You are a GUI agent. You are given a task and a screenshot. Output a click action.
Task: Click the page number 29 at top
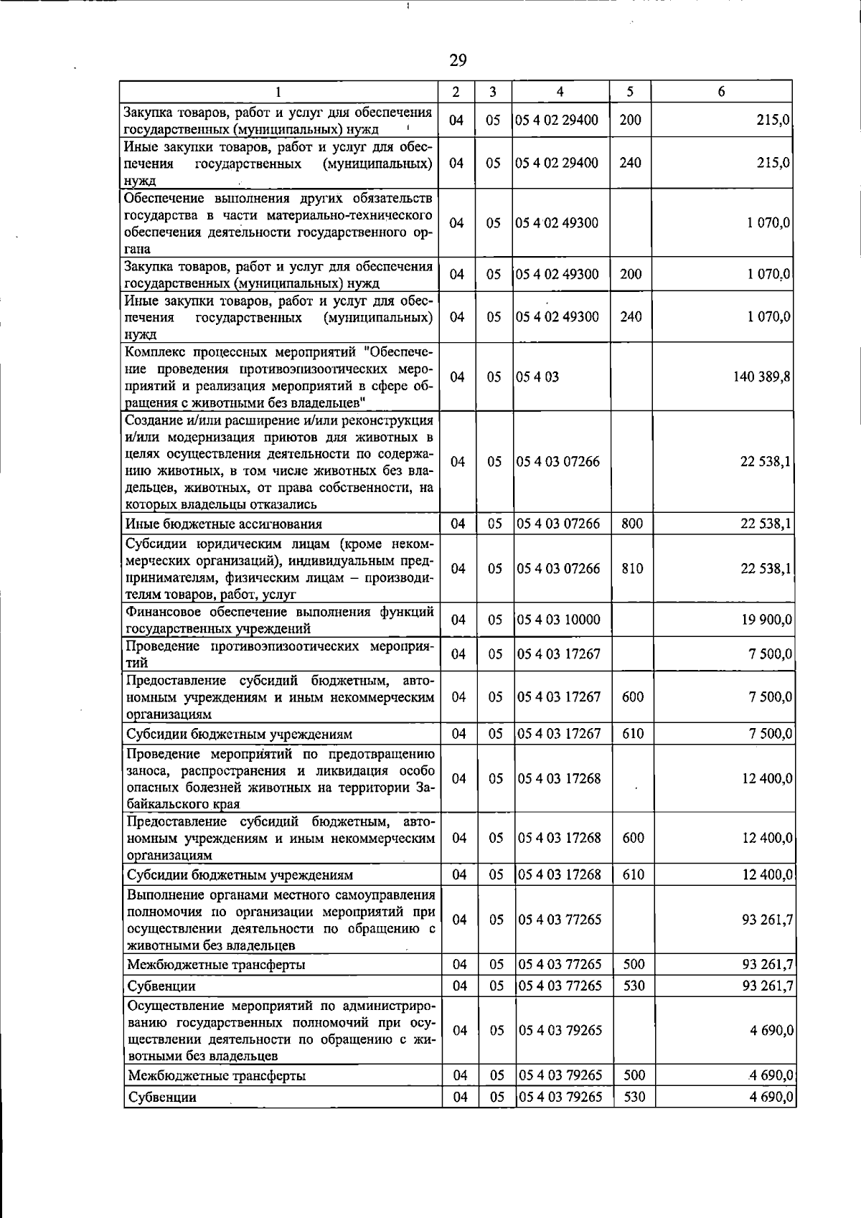[x=458, y=60]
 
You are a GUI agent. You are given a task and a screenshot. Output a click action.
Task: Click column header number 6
[x=721, y=91]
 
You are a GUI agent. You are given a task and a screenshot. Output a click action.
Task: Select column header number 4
[x=560, y=91]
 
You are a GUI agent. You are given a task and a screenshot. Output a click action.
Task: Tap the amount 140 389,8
[x=761, y=376]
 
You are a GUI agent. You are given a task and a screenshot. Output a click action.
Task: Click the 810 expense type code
[x=632, y=568]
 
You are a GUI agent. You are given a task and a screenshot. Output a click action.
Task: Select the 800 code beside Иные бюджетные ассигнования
[x=632, y=524]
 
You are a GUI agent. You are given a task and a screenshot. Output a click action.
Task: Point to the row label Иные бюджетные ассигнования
[x=224, y=524]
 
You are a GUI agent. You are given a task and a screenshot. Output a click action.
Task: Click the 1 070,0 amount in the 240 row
[x=768, y=316]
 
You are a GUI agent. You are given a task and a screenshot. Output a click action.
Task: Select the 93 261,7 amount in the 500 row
[x=767, y=964]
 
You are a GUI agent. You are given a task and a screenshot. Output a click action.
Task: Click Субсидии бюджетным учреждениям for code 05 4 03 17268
[x=240, y=875]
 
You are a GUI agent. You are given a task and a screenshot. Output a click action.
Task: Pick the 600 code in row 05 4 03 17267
[x=633, y=697]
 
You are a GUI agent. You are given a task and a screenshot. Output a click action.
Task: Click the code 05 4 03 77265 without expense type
[x=560, y=920]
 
